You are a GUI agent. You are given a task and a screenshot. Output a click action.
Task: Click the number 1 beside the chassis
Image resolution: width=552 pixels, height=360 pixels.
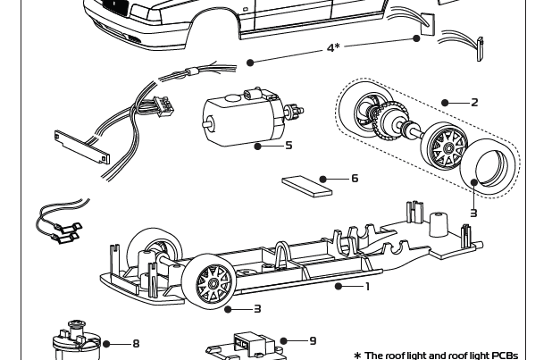[367, 287]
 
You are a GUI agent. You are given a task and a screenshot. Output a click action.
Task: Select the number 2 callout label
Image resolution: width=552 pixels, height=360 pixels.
[474, 103]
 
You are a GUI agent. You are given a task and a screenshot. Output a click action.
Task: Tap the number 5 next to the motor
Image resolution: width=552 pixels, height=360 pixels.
[289, 146]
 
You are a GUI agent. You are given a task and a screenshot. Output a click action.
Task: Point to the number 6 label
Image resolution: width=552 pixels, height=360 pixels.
[355, 179]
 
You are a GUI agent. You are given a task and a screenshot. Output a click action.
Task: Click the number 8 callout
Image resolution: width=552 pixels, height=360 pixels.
[136, 344]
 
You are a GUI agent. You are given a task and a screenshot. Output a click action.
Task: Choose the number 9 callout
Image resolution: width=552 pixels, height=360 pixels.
[313, 340]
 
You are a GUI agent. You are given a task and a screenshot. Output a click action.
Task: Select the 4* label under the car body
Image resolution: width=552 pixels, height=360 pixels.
[332, 47]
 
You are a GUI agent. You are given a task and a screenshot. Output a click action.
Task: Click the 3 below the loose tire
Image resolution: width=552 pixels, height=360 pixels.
[473, 213]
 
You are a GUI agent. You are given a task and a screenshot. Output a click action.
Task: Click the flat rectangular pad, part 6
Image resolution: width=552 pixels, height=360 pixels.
[306, 185]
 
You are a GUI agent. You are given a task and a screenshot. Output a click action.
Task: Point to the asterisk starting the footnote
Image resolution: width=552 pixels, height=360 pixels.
[357, 356]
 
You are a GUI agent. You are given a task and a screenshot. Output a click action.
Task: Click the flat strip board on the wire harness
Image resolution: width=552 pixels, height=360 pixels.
[81, 147]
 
